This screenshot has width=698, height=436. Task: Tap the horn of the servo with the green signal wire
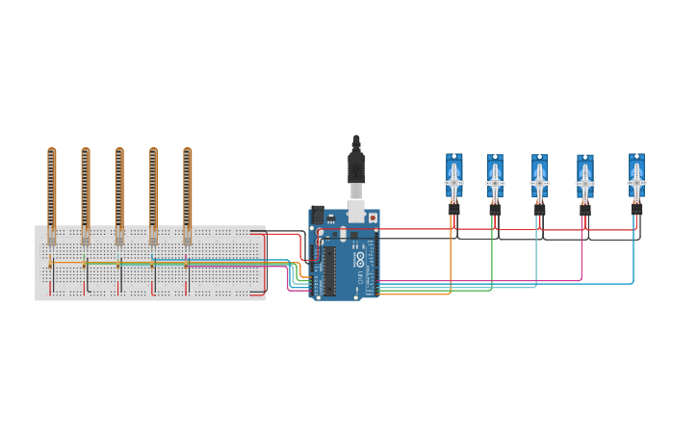point(495,182)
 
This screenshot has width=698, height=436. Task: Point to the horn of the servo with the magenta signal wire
point(585,182)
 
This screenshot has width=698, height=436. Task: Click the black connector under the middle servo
point(539,208)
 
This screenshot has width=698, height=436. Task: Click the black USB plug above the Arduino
point(356,166)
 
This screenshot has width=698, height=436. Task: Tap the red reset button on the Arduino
point(373,218)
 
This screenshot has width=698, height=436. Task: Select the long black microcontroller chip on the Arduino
point(329,269)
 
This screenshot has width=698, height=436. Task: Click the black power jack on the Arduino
point(317,214)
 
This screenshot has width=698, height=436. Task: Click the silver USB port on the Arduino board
point(356,211)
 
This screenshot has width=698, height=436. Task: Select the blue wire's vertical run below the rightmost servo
point(633,255)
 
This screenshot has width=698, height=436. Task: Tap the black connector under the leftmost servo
point(453,208)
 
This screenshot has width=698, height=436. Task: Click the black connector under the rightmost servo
point(636,207)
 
